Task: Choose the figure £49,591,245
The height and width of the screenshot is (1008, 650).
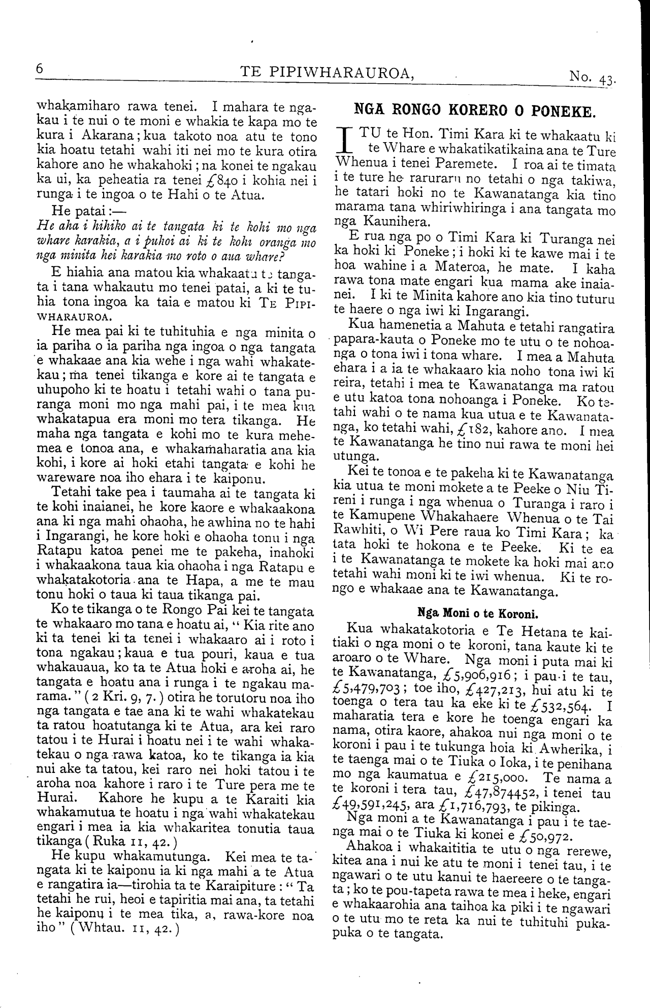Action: [x=371, y=807]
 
